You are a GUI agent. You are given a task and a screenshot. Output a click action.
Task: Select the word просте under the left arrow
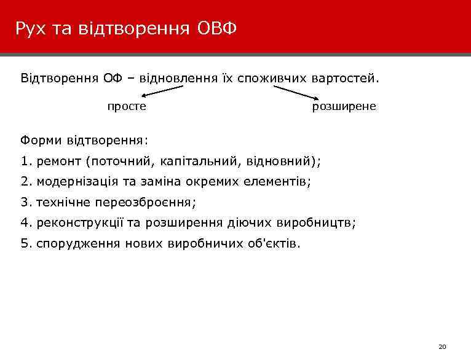[127, 106]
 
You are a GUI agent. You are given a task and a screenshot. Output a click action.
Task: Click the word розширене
[344, 106]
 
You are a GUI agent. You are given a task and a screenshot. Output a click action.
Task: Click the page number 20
[442, 347]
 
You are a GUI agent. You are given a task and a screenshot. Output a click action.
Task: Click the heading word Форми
[39, 140]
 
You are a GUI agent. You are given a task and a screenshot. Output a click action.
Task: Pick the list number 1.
[25, 162]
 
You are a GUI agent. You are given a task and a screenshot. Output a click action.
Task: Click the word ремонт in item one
[60, 162]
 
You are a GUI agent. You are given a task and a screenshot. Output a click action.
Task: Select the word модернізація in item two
[77, 182]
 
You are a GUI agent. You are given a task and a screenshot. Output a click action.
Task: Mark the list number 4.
[25, 222]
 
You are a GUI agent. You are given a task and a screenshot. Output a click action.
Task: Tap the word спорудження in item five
[79, 243]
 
